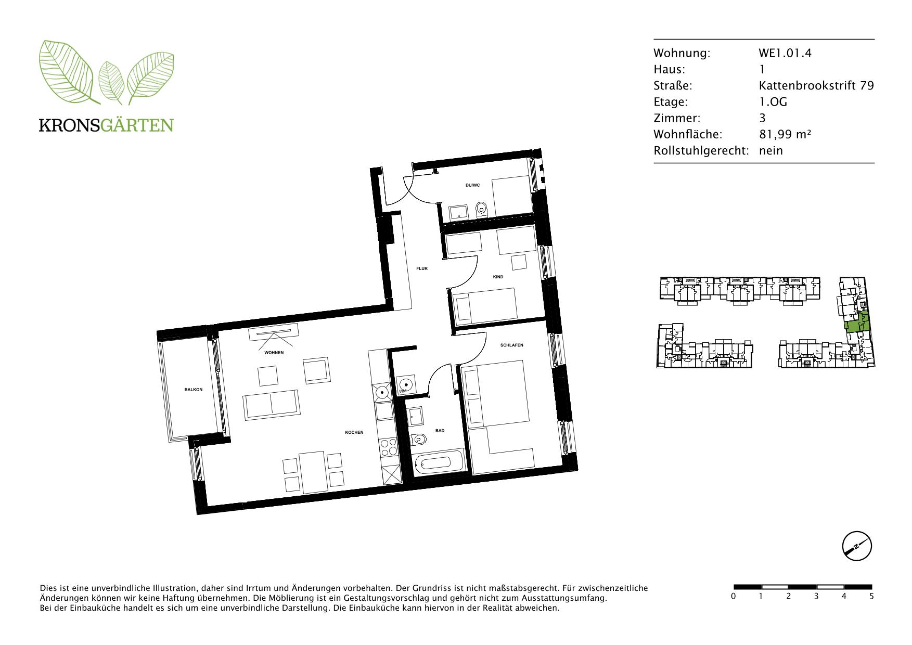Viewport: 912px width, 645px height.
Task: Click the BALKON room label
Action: coord(193,390)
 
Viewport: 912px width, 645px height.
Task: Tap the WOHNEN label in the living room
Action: coord(274,353)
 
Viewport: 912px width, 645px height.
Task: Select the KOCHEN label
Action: coord(354,432)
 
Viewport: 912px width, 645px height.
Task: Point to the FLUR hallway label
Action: coord(421,268)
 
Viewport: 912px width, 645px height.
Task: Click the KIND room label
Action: coord(498,277)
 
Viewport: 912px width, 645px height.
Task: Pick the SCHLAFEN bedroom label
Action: coord(511,345)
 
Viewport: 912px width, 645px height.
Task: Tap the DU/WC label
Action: coord(472,185)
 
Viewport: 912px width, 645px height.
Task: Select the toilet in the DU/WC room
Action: coord(481,210)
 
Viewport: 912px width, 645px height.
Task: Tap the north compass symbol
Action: coord(857,547)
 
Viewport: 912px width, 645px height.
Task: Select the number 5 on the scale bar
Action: coord(871,596)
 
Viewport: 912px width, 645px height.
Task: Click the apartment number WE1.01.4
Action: coord(785,53)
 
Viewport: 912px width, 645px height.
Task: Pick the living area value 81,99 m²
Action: coord(785,134)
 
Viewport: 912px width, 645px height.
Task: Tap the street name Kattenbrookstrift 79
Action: coord(816,85)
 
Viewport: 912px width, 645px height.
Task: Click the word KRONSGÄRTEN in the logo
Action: coord(106,125)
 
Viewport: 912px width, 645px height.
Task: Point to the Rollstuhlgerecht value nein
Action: coord(770,151)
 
